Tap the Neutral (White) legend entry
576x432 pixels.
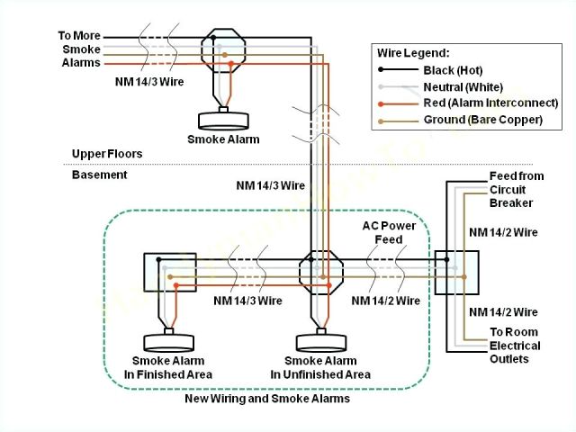point(462,86)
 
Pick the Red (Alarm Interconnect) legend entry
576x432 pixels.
point(481,103)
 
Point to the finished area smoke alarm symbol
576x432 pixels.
point(168,339)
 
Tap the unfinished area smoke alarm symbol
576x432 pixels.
point(320,339)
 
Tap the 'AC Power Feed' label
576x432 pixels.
point(389,233)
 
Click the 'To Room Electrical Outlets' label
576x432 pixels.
point(515,346)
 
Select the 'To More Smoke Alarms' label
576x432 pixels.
point(80,49)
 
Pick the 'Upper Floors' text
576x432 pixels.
point(107,154)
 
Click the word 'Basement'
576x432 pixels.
point(99,175)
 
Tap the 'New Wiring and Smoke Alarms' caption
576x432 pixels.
point(266,398)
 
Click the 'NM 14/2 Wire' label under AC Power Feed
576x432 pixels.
point(385,301)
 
